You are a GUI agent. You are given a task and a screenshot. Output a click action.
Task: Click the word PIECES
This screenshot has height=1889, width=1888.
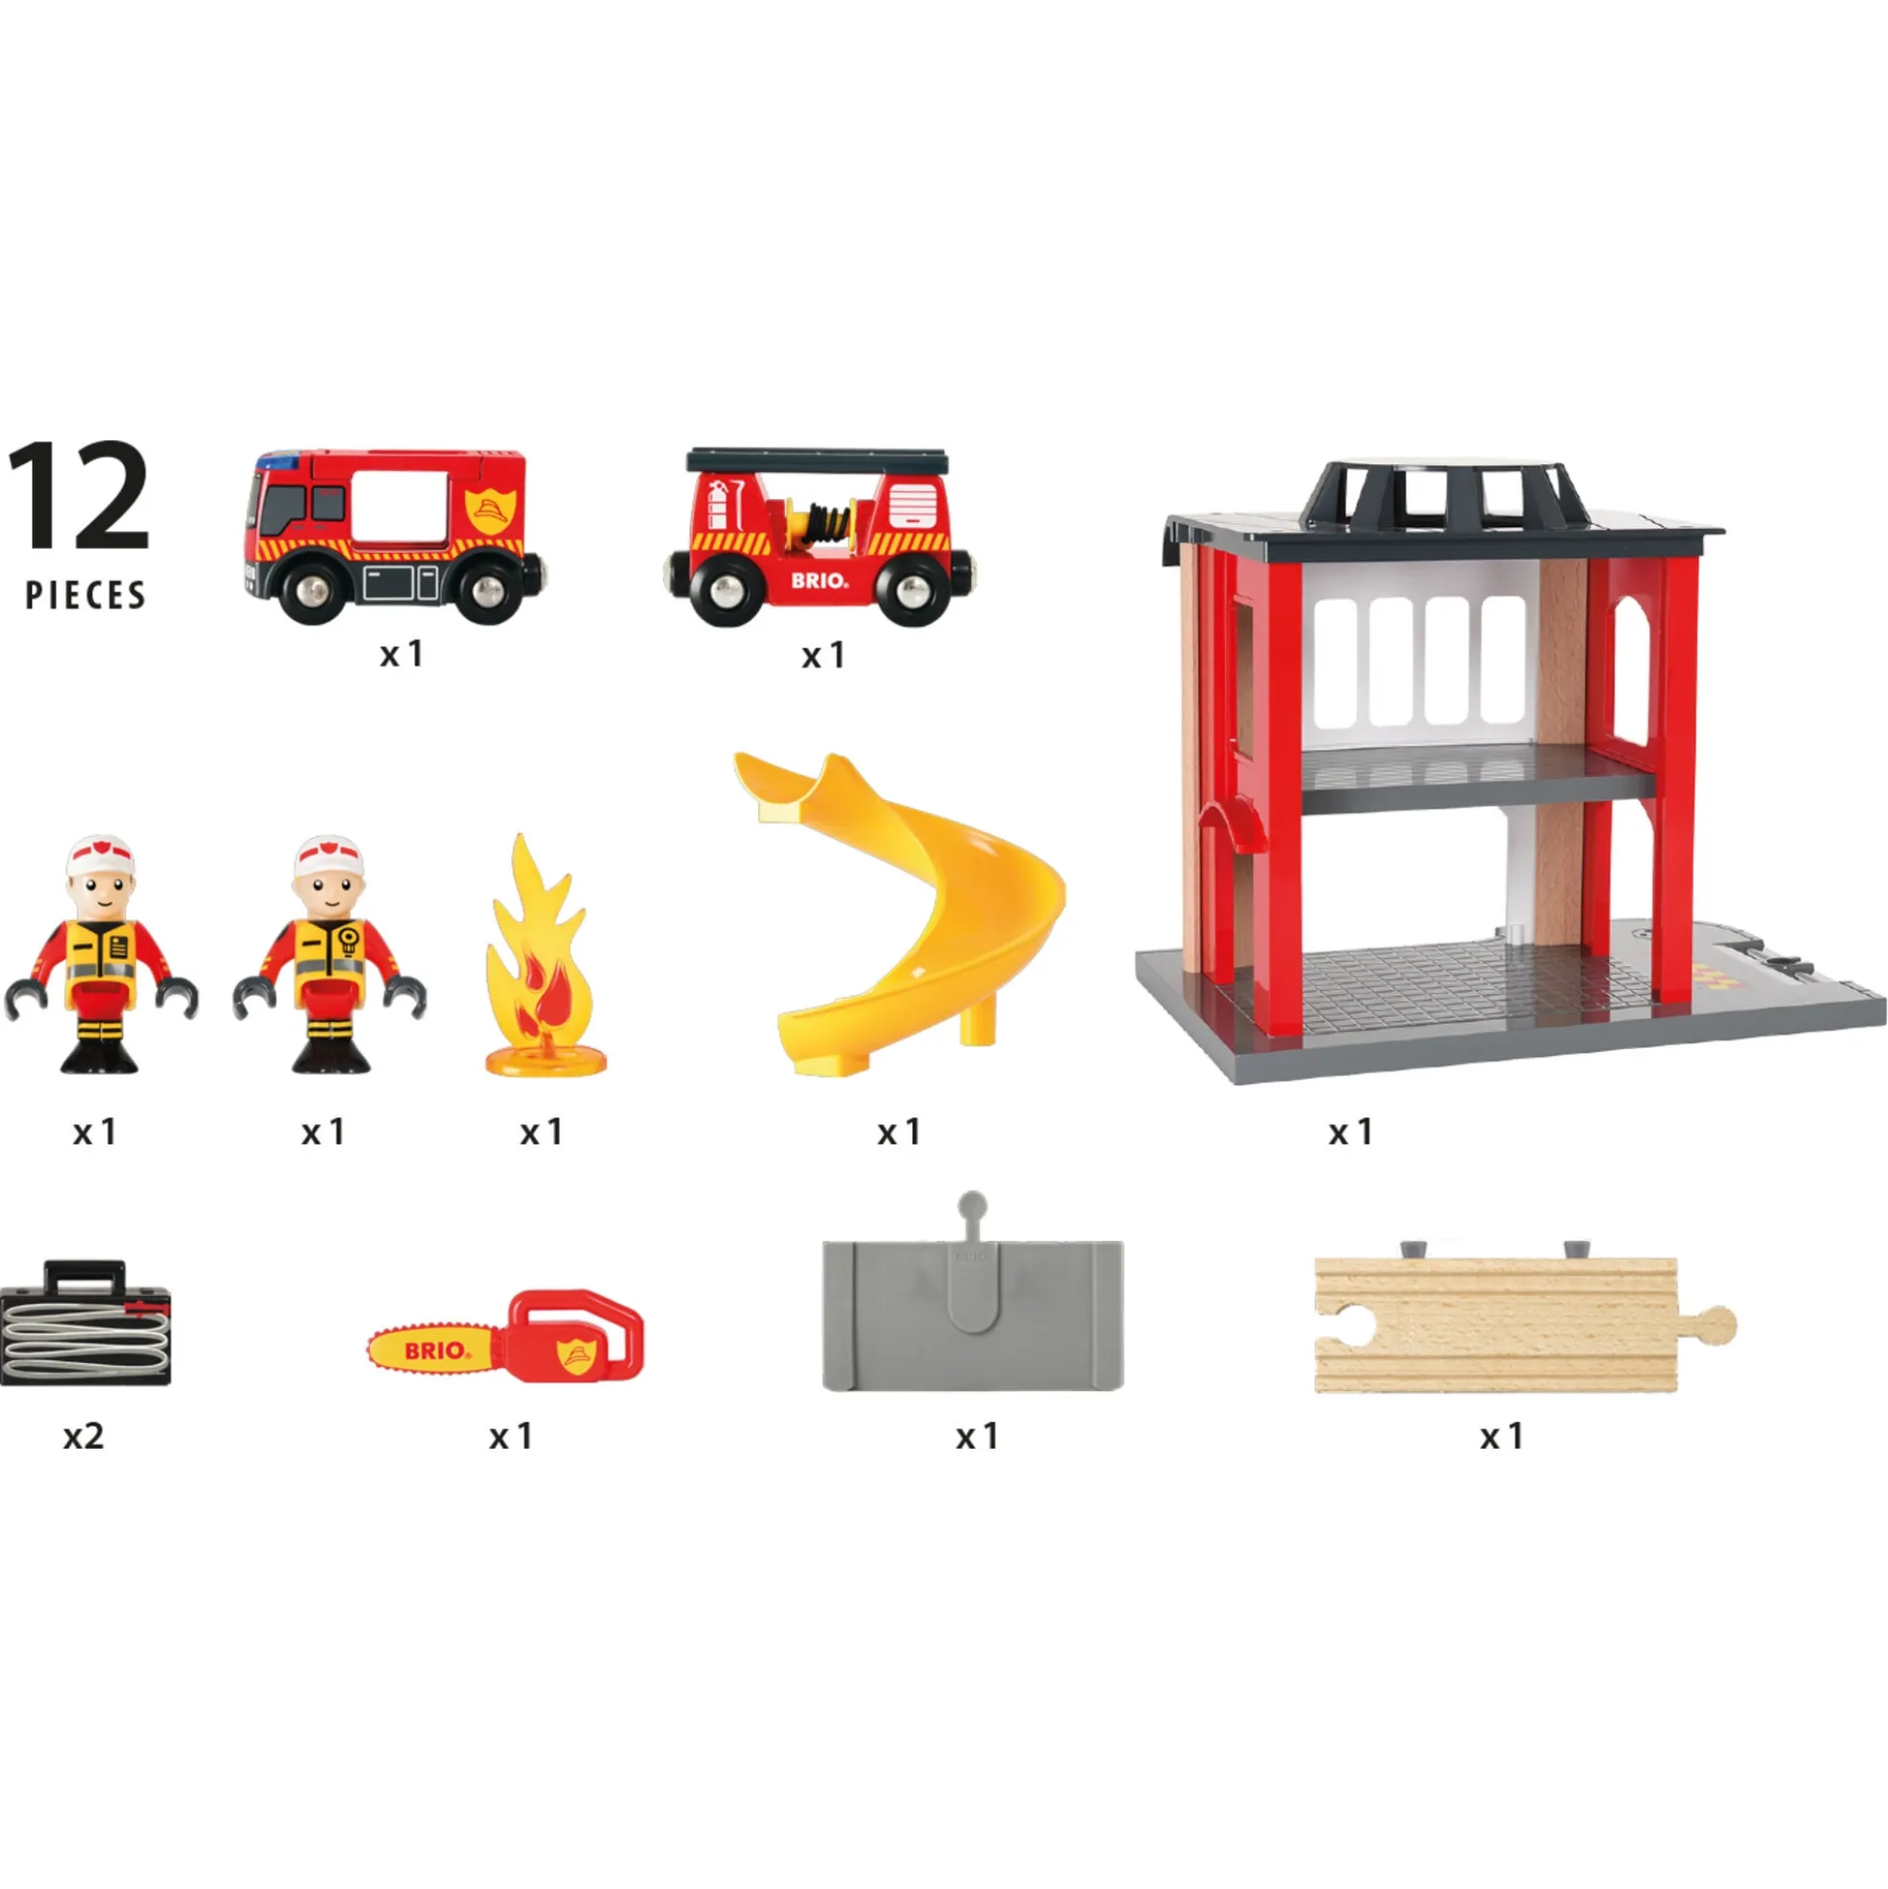coord(86,595)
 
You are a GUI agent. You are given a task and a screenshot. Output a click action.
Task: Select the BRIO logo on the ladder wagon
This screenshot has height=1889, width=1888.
coord(819,581)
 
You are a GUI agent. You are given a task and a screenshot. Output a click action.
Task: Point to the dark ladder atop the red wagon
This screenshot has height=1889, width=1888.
coord(818,459)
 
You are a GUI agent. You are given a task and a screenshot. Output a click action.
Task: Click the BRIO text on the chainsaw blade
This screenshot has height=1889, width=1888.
coord(436,1351)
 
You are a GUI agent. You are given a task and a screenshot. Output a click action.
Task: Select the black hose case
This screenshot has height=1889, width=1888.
coord(85,1324)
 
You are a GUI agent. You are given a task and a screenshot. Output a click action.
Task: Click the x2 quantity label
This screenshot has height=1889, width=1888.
coord(83,1436)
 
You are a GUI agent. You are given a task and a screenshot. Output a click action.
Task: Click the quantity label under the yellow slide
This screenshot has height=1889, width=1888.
coord(899,1132)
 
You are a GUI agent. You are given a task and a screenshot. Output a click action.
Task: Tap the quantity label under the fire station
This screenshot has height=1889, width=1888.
coord(1350,1132)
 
